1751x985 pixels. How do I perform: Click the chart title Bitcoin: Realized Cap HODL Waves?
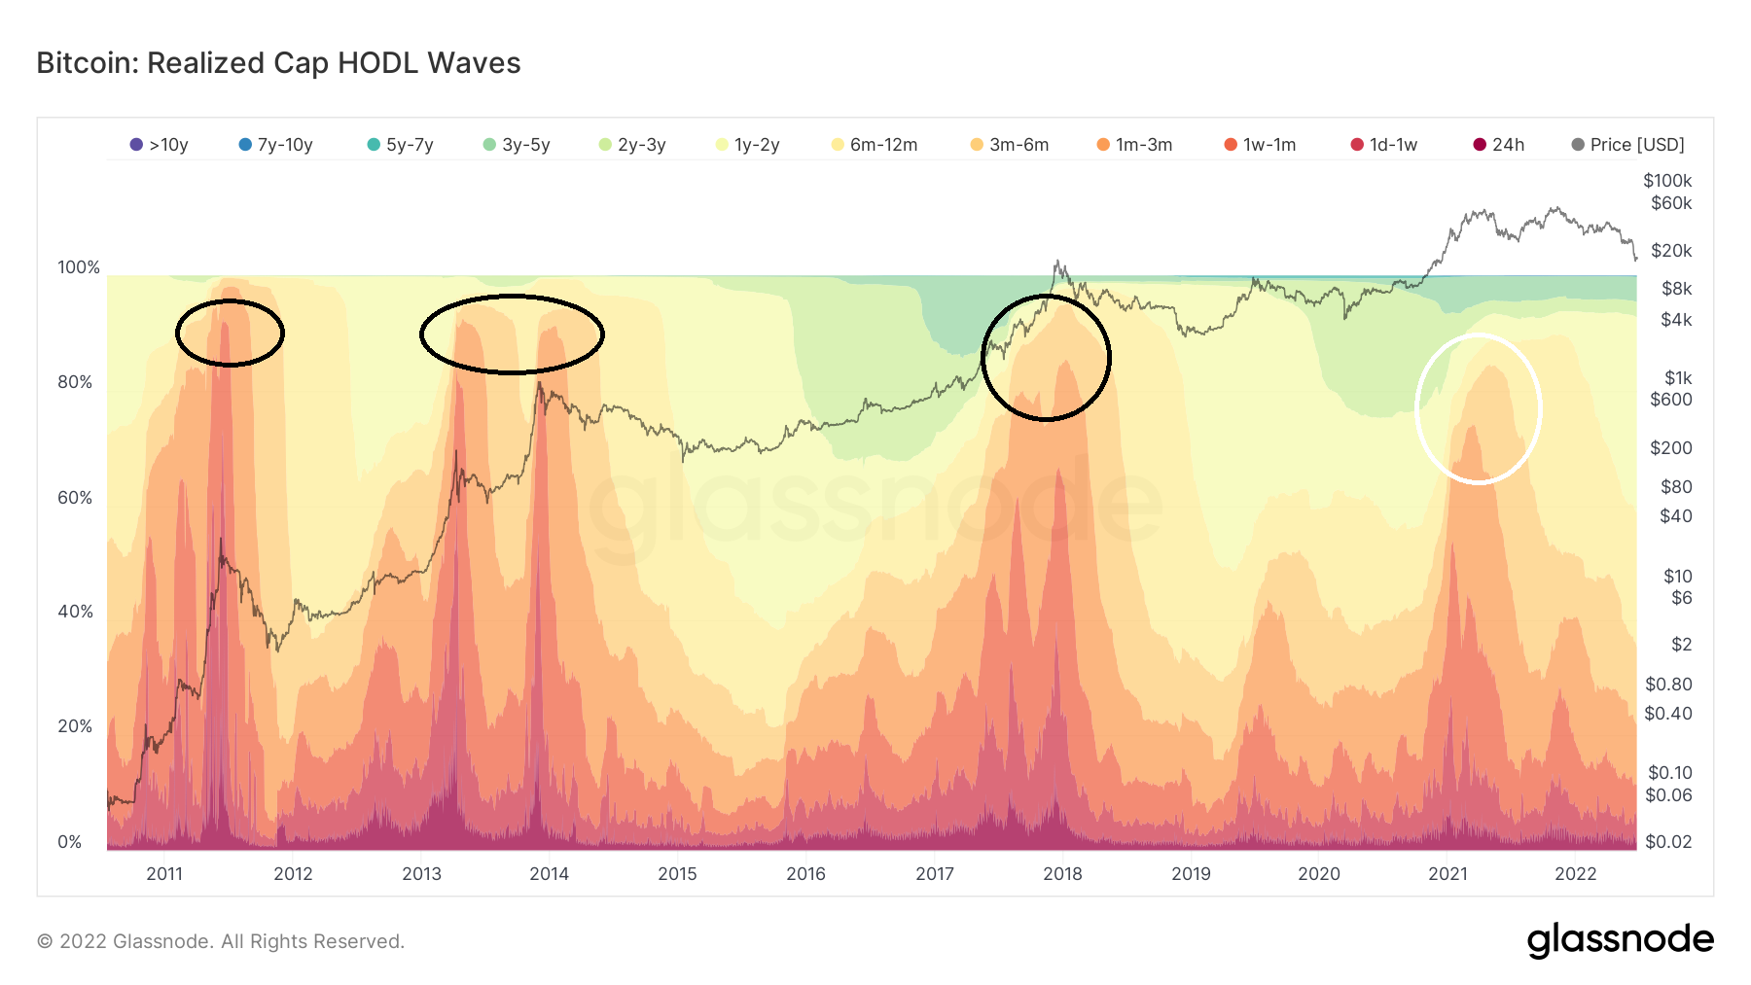278,63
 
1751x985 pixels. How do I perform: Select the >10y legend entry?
160,145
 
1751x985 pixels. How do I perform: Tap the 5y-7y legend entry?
401,145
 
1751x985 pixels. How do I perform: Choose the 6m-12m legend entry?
875,145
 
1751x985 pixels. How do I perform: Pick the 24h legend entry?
1499,145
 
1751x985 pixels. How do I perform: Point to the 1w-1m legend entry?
1261,145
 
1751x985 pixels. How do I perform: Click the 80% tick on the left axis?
75,382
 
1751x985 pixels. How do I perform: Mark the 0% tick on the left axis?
70,842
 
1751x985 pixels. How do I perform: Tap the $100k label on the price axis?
1667,181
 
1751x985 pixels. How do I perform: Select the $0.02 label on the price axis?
1668,842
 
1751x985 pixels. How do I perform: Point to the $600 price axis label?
1671,400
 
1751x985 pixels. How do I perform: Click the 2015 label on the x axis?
677,874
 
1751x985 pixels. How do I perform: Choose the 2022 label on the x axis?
1576,874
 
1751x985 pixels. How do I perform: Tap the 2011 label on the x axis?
164,874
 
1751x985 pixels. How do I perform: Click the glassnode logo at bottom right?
1620,940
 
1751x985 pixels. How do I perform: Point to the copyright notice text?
221,941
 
